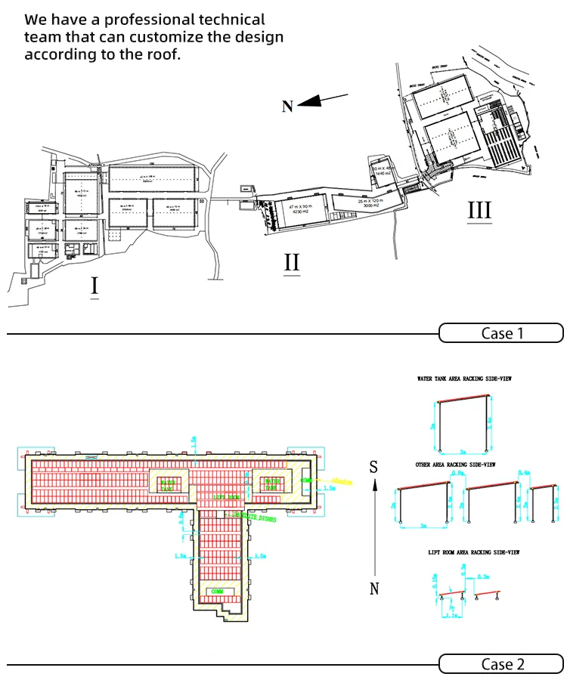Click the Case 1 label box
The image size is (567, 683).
tap(501, 332)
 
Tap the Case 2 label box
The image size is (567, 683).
tap(501, 664)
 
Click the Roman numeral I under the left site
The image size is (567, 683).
tap(94, 286)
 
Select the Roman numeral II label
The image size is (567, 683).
tap(292, 263)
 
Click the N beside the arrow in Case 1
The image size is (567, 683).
tap(287, 107)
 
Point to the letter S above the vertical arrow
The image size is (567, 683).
tap(373, 468)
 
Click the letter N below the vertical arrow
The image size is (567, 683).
tap(373, 589)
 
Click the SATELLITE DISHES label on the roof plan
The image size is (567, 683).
tap(254, 518)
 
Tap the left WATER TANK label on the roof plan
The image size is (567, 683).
tap(168, 484)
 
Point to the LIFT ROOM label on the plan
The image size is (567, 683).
tap(227, 497)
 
